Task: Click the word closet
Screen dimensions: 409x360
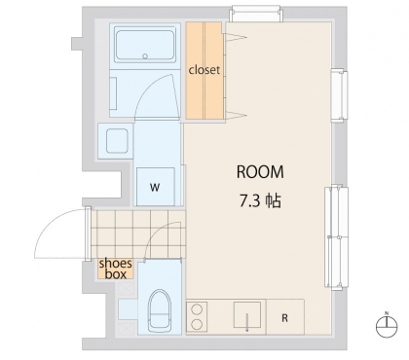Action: [x=204, y=70]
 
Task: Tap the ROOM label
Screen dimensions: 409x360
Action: [x=260, y=172]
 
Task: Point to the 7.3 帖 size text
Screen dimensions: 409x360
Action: [x=260, y=201]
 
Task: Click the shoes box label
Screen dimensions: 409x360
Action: [x=116, y=269]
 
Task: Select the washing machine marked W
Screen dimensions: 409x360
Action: [x=156, y=187]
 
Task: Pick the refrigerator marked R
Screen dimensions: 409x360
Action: [x=285, y=317]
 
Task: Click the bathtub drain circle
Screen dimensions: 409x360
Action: [x=145, y=56]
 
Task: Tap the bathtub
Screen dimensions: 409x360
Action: [x=145, y=45]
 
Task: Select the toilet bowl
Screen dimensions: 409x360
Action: [x=160, y=310]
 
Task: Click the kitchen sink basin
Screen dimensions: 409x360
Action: [x=247, y=314]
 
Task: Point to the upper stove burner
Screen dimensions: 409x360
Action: [x=197, y=309]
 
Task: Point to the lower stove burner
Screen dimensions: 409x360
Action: [x=197, y=324]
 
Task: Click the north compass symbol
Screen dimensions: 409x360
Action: [x=387, y=326]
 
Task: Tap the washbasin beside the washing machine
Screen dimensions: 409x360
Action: [x=117, y=141]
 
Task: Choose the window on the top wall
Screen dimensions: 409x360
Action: [x=256, y=14]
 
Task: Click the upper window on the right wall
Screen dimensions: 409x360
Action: [x=339, y=95]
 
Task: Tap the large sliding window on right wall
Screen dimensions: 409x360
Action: [x=336, y=237]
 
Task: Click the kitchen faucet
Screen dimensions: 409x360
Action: [x=247, y=322]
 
